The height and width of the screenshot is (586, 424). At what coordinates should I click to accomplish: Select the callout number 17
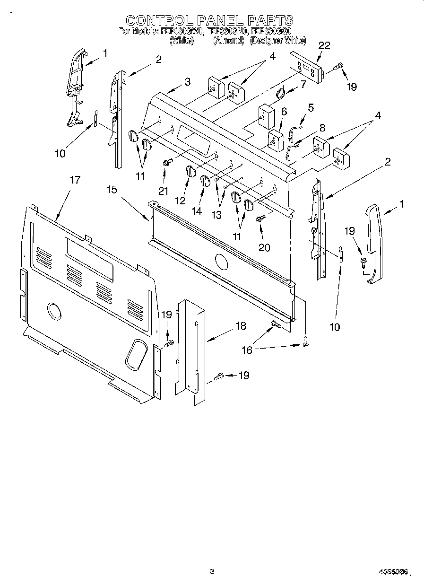coord(75,180)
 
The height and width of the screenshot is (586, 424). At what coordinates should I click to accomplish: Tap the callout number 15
coord(112,189)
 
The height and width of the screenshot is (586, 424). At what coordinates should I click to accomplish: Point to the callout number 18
coord(241,326)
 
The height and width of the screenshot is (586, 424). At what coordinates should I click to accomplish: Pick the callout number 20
coord(264,247)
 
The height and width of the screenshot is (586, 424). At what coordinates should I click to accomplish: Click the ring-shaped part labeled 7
coord(280,93)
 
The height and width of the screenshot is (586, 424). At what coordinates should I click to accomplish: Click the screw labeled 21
coord(166,163)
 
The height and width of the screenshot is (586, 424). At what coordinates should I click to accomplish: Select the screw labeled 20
coord(259,219)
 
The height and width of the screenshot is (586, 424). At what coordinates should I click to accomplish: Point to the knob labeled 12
coord(190,172)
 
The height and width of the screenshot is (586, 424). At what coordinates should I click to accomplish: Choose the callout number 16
coord(247,350)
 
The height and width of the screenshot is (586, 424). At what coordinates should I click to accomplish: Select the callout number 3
coord(188,82)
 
